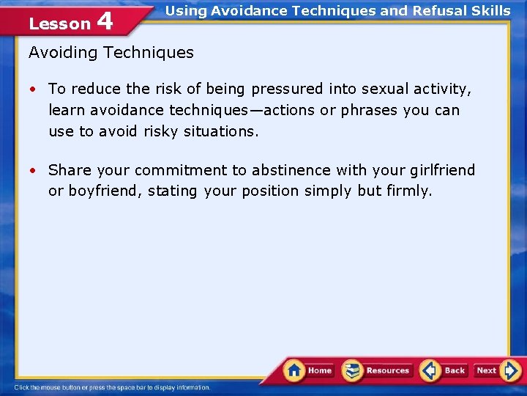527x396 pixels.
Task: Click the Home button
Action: pyautogui.click(x=308, y=370)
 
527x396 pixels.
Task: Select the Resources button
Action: pyautogui.click(x=377, y=370)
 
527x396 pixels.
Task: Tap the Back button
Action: pyautogui.click(x=444, y=370)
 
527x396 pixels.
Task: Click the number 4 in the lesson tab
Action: pyautogui.click(x=105, y=21)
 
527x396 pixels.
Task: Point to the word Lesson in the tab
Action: pyautogui.click(x=59, y=23)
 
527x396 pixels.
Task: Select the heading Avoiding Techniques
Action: pyautogui.click(x=111, y=52)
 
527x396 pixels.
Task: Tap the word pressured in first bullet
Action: pyautogui.click(x=286, y=89)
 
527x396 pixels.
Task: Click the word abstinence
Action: pyautogui.click(x=291, y=170)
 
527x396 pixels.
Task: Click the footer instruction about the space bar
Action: pyautogui.click(x=113, y=387)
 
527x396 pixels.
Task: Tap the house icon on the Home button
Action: pyautogui.click(x=294, y=370)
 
